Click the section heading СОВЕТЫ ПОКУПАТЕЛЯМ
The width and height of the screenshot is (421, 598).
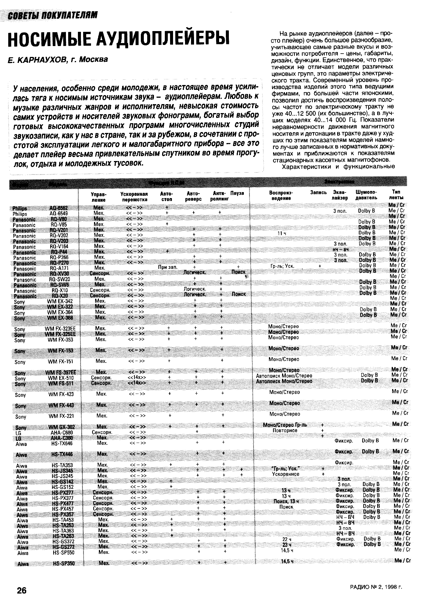pos(53,15)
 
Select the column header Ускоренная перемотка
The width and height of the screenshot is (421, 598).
pos(134,197)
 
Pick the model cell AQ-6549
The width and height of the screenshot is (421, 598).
pos(58,214)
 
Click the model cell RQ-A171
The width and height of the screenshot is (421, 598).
pos(58,268)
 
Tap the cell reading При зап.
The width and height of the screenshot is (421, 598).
pos(167,267)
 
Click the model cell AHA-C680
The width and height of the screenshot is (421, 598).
pos(61,432)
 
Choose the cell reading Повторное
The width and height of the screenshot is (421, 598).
pos(285,430)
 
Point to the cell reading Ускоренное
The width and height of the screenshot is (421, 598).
pos(285,474)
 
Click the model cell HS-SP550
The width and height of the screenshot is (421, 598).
pos(63,552)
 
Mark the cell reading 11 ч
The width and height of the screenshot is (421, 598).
pos(282,233)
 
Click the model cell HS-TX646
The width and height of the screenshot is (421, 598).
pos(62,443)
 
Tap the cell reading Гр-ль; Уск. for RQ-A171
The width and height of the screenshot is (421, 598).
pos(282,266)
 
